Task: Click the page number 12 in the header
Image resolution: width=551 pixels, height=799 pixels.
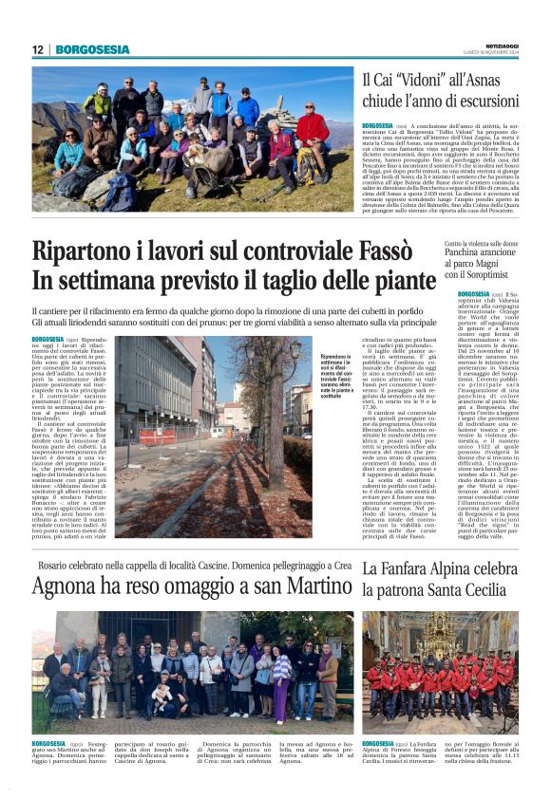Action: tap(38, 49)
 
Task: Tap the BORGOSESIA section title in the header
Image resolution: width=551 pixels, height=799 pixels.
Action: tap(92, 49)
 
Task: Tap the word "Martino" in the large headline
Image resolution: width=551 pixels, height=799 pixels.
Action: tap(303, 590)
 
